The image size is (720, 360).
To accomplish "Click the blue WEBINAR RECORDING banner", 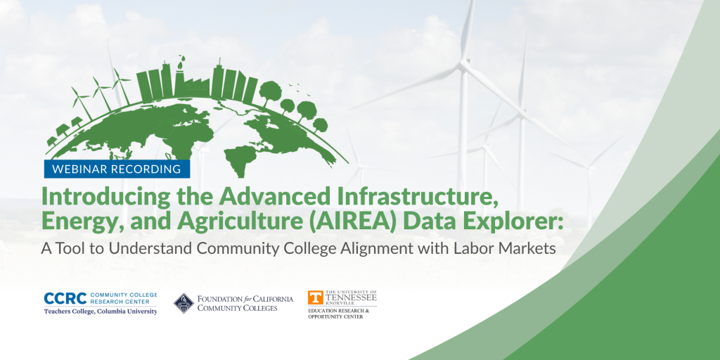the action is coord(117,169).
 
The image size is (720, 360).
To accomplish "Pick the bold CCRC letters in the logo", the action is coord(65,298).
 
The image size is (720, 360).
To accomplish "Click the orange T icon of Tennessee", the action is coord(314,297).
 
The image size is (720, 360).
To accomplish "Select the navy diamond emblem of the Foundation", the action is coord(184,303).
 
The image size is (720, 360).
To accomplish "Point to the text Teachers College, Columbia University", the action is coord(101,311).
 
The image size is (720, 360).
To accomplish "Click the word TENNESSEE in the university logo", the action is coord(351,297).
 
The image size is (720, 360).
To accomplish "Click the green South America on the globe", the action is coord(238,161).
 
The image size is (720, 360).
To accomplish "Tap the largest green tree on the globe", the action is coord(271,92).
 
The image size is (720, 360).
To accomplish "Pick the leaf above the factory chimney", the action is coord(182,59).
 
